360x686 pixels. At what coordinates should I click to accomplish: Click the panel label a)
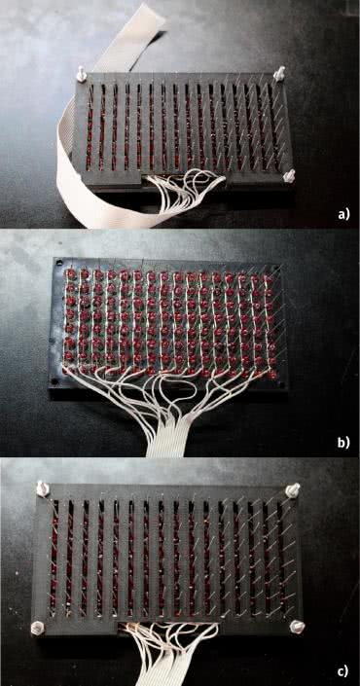344,214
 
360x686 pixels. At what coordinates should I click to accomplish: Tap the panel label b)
344,443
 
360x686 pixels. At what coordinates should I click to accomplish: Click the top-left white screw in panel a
81,74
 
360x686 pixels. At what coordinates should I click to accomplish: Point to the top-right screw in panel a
279,73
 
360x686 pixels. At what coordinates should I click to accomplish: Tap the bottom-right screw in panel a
289,175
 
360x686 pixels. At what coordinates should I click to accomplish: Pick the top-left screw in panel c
43,488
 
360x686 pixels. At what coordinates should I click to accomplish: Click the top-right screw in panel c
293,489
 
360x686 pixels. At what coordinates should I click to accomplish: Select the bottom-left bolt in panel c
38,628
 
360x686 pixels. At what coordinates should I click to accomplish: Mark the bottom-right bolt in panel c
298,627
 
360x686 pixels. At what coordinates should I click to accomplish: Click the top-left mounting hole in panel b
57,264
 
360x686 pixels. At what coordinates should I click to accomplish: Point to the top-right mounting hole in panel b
274,269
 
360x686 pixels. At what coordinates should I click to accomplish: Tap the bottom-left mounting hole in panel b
54,381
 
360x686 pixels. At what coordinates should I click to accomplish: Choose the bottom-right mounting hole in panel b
281,386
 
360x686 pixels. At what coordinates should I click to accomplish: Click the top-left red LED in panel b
70,274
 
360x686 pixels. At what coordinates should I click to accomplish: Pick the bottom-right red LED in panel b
272,374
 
